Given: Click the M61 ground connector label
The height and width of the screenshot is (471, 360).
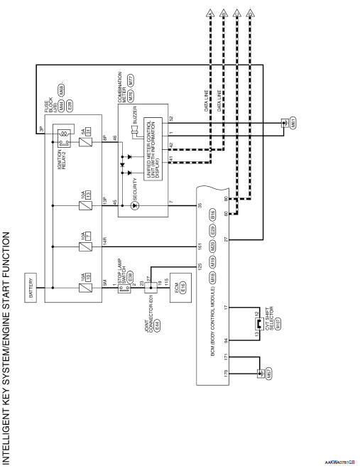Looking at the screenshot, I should [285, 123].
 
